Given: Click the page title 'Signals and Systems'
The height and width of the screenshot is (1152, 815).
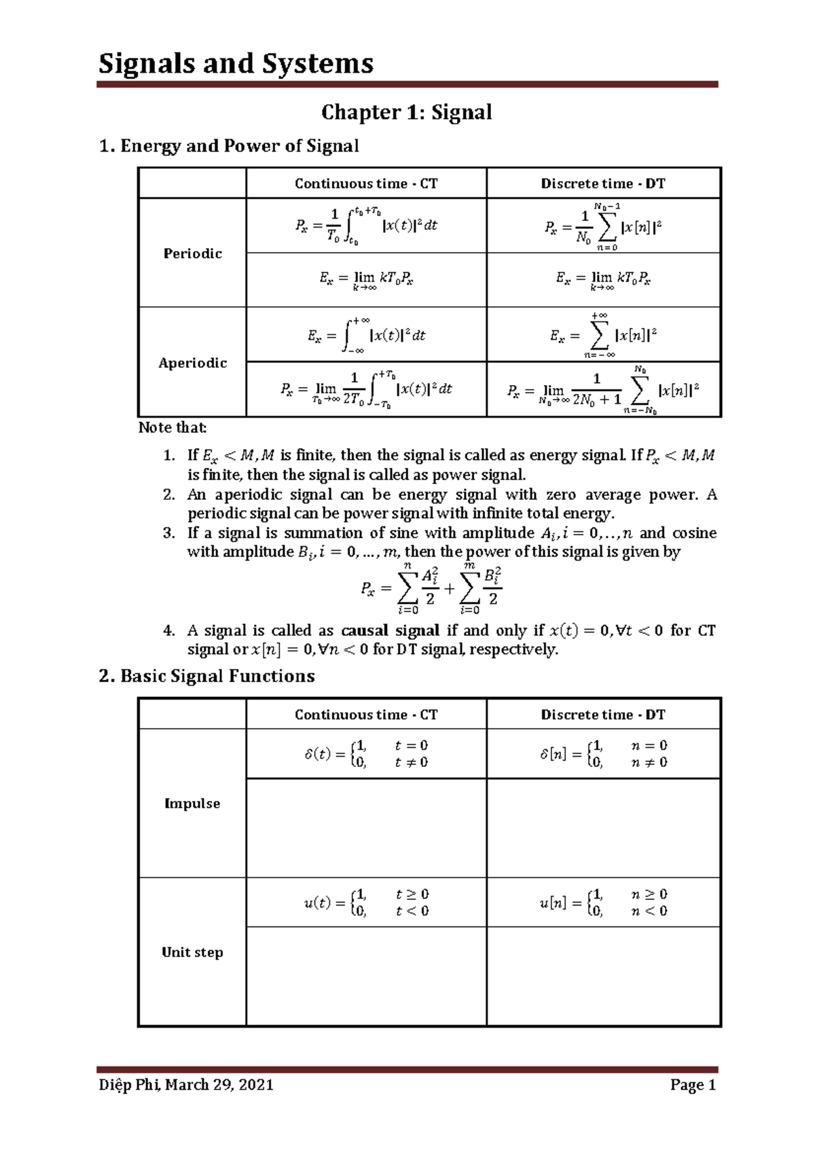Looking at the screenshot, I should (x=236, y=64).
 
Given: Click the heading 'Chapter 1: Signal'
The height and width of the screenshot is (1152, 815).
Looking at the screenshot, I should (x=406, y=112).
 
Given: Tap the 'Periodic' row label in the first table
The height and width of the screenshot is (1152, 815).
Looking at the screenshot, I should (x=192, y=253).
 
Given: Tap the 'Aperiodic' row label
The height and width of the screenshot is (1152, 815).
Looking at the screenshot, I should (x=192, y=363).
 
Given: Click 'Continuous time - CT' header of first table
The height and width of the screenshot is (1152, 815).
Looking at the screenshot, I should (x=366, y=183).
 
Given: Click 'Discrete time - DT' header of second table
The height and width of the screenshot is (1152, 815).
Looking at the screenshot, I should (x=603, y=715).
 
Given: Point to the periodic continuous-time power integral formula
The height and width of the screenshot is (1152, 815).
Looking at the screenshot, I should (x=366, y=226).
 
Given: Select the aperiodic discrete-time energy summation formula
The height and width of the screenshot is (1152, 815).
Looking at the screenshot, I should (x=603, y=335).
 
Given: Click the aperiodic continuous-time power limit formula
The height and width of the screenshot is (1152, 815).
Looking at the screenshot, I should (x=366, y=389).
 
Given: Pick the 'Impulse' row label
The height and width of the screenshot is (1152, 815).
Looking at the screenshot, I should (x=192, y=804).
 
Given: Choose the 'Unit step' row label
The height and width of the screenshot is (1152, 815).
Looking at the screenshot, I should (x=192, y=952).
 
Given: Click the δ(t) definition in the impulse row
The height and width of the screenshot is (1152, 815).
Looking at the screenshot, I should (x=366, y=754).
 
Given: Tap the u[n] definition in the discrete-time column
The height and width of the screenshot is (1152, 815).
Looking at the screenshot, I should (x=603, y=903).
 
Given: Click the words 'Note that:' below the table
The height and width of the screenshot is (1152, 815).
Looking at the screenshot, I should (x=173, y=427).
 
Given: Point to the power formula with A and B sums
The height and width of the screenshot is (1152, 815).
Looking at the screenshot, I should (x=432, y=587).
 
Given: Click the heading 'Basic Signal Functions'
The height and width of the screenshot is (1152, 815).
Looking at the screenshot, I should (x=207, y=676).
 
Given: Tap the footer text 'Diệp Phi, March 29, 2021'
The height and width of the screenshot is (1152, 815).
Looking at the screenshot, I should (x=186, y=1085).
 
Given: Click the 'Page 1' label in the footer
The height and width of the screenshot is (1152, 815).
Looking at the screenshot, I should (x=693, y=1085).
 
